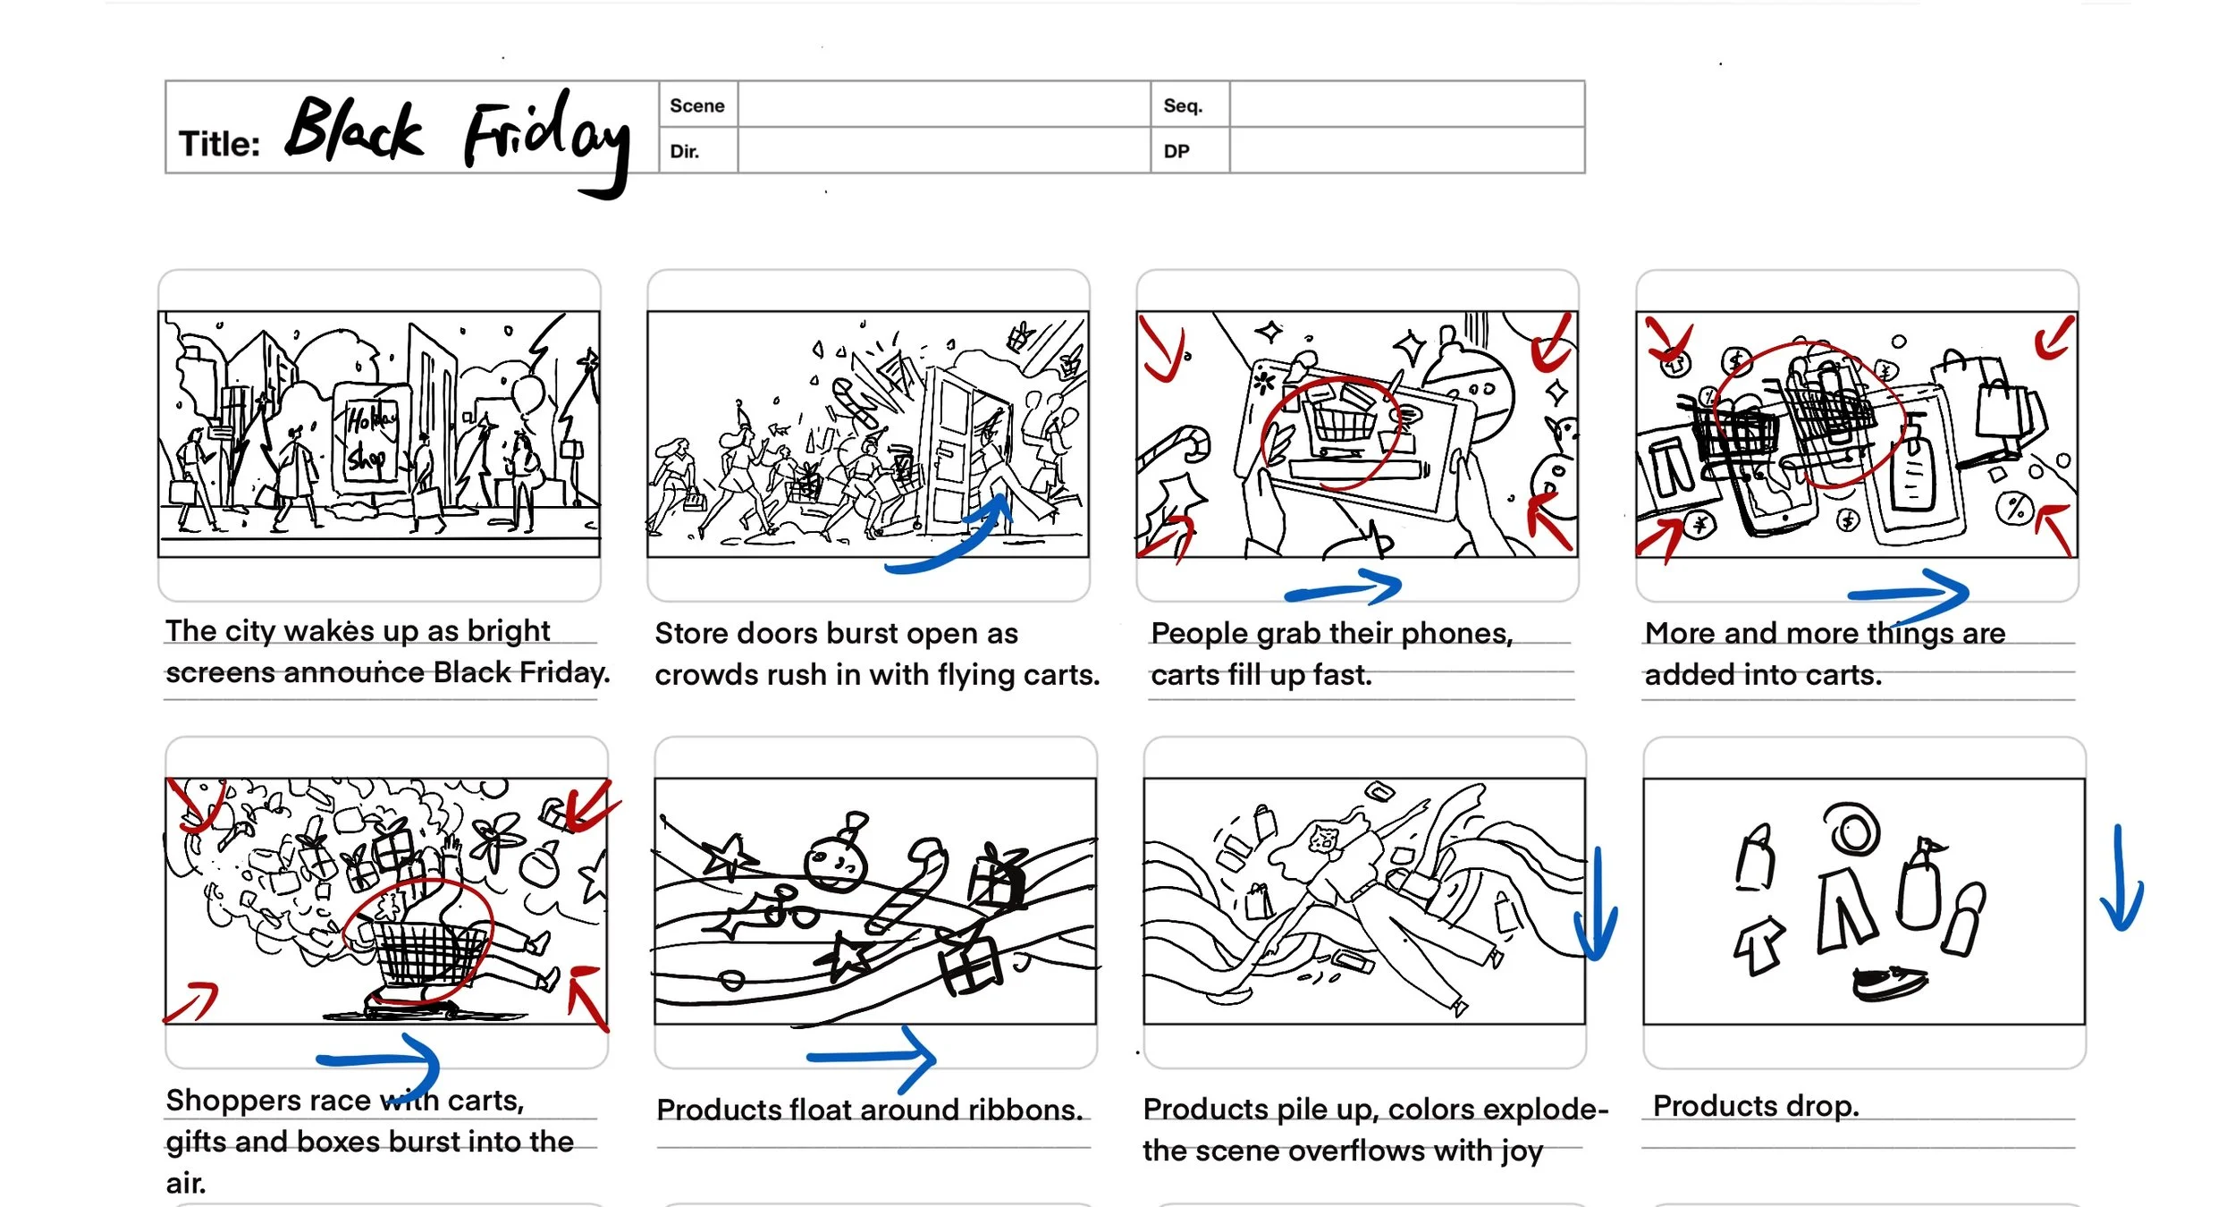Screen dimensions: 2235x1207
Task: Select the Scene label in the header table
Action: [696, 106]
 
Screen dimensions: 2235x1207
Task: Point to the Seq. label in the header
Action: [1182, 106]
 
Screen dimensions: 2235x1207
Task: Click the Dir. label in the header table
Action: [684, 151]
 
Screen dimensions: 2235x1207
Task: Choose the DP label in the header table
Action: [1176, 151]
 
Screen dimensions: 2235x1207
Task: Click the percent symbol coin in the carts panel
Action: [2015, 509]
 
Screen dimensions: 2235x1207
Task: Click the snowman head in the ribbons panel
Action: [835, 864]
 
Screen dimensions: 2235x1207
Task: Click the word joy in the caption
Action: [1521, 1152]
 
